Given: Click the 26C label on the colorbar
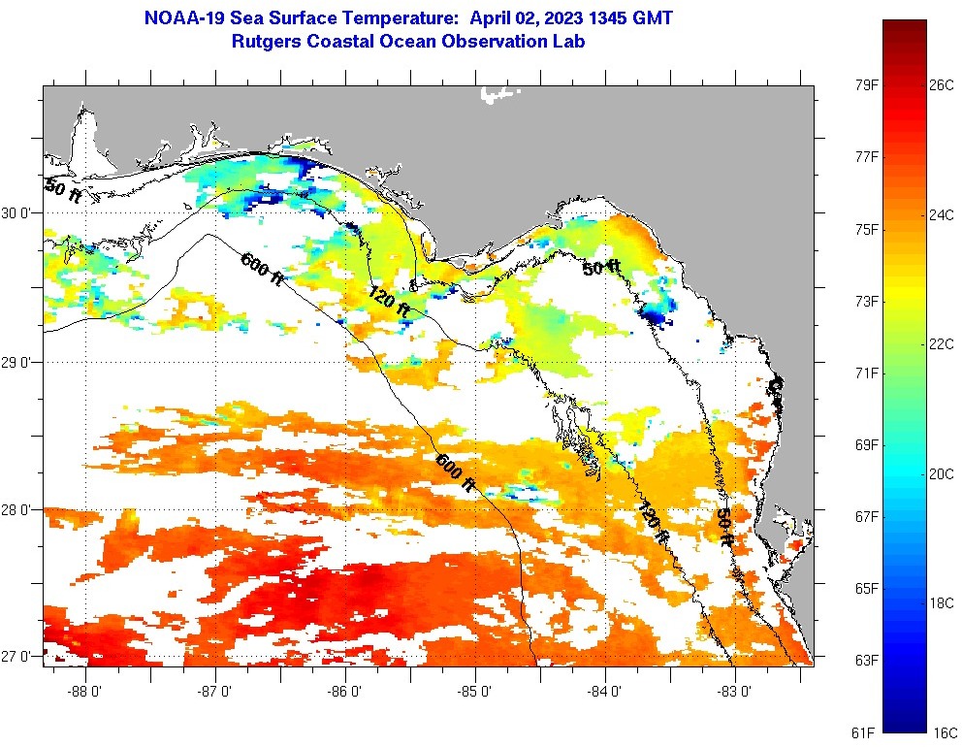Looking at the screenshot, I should pyautogui.click(x=942, y=84).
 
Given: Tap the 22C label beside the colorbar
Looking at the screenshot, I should pyautogui.click(x=942, y=343).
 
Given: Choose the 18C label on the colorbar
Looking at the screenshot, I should pyautogui.click(x=942, y=602).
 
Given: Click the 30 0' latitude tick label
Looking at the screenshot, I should pyautogui.click(x=19, y=213).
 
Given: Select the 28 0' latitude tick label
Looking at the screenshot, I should pyautogui.click(x=19, y=510).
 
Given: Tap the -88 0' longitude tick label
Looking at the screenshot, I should pyautogui.click(x=86, y=691).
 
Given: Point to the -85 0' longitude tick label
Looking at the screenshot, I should pyautogui.click(x=476, y=691).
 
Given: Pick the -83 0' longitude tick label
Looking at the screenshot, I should pyautogui.click(x=735, y=691).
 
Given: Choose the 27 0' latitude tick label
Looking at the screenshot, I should pyautogui.click(x=19, y=657).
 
